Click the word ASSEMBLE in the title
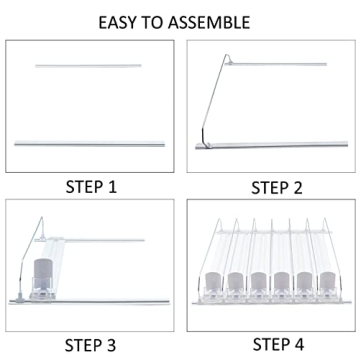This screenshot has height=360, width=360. [x=209, y=22]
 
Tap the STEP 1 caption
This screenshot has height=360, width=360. [x=91, y=187]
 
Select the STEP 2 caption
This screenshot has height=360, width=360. [x=277, y=188]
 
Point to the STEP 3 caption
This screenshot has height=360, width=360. [x=90, y=345]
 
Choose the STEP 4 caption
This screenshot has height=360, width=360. [x=278, y=344]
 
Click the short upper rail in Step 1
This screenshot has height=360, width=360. [x=88, y=66]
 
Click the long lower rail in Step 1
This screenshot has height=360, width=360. [x=89, y=144]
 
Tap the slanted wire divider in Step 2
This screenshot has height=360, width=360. [x=213, y=100]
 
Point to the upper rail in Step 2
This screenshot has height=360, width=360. [x=277, y=64]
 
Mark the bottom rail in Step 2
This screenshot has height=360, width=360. [x=272, y=145]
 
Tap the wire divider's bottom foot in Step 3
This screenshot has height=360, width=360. [x=20, y=298]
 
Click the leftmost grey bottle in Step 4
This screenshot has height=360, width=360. [x=212, y=282]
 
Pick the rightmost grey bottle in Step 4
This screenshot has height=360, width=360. [x=327, y=281]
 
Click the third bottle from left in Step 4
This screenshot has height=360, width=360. [x=258, y=282]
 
